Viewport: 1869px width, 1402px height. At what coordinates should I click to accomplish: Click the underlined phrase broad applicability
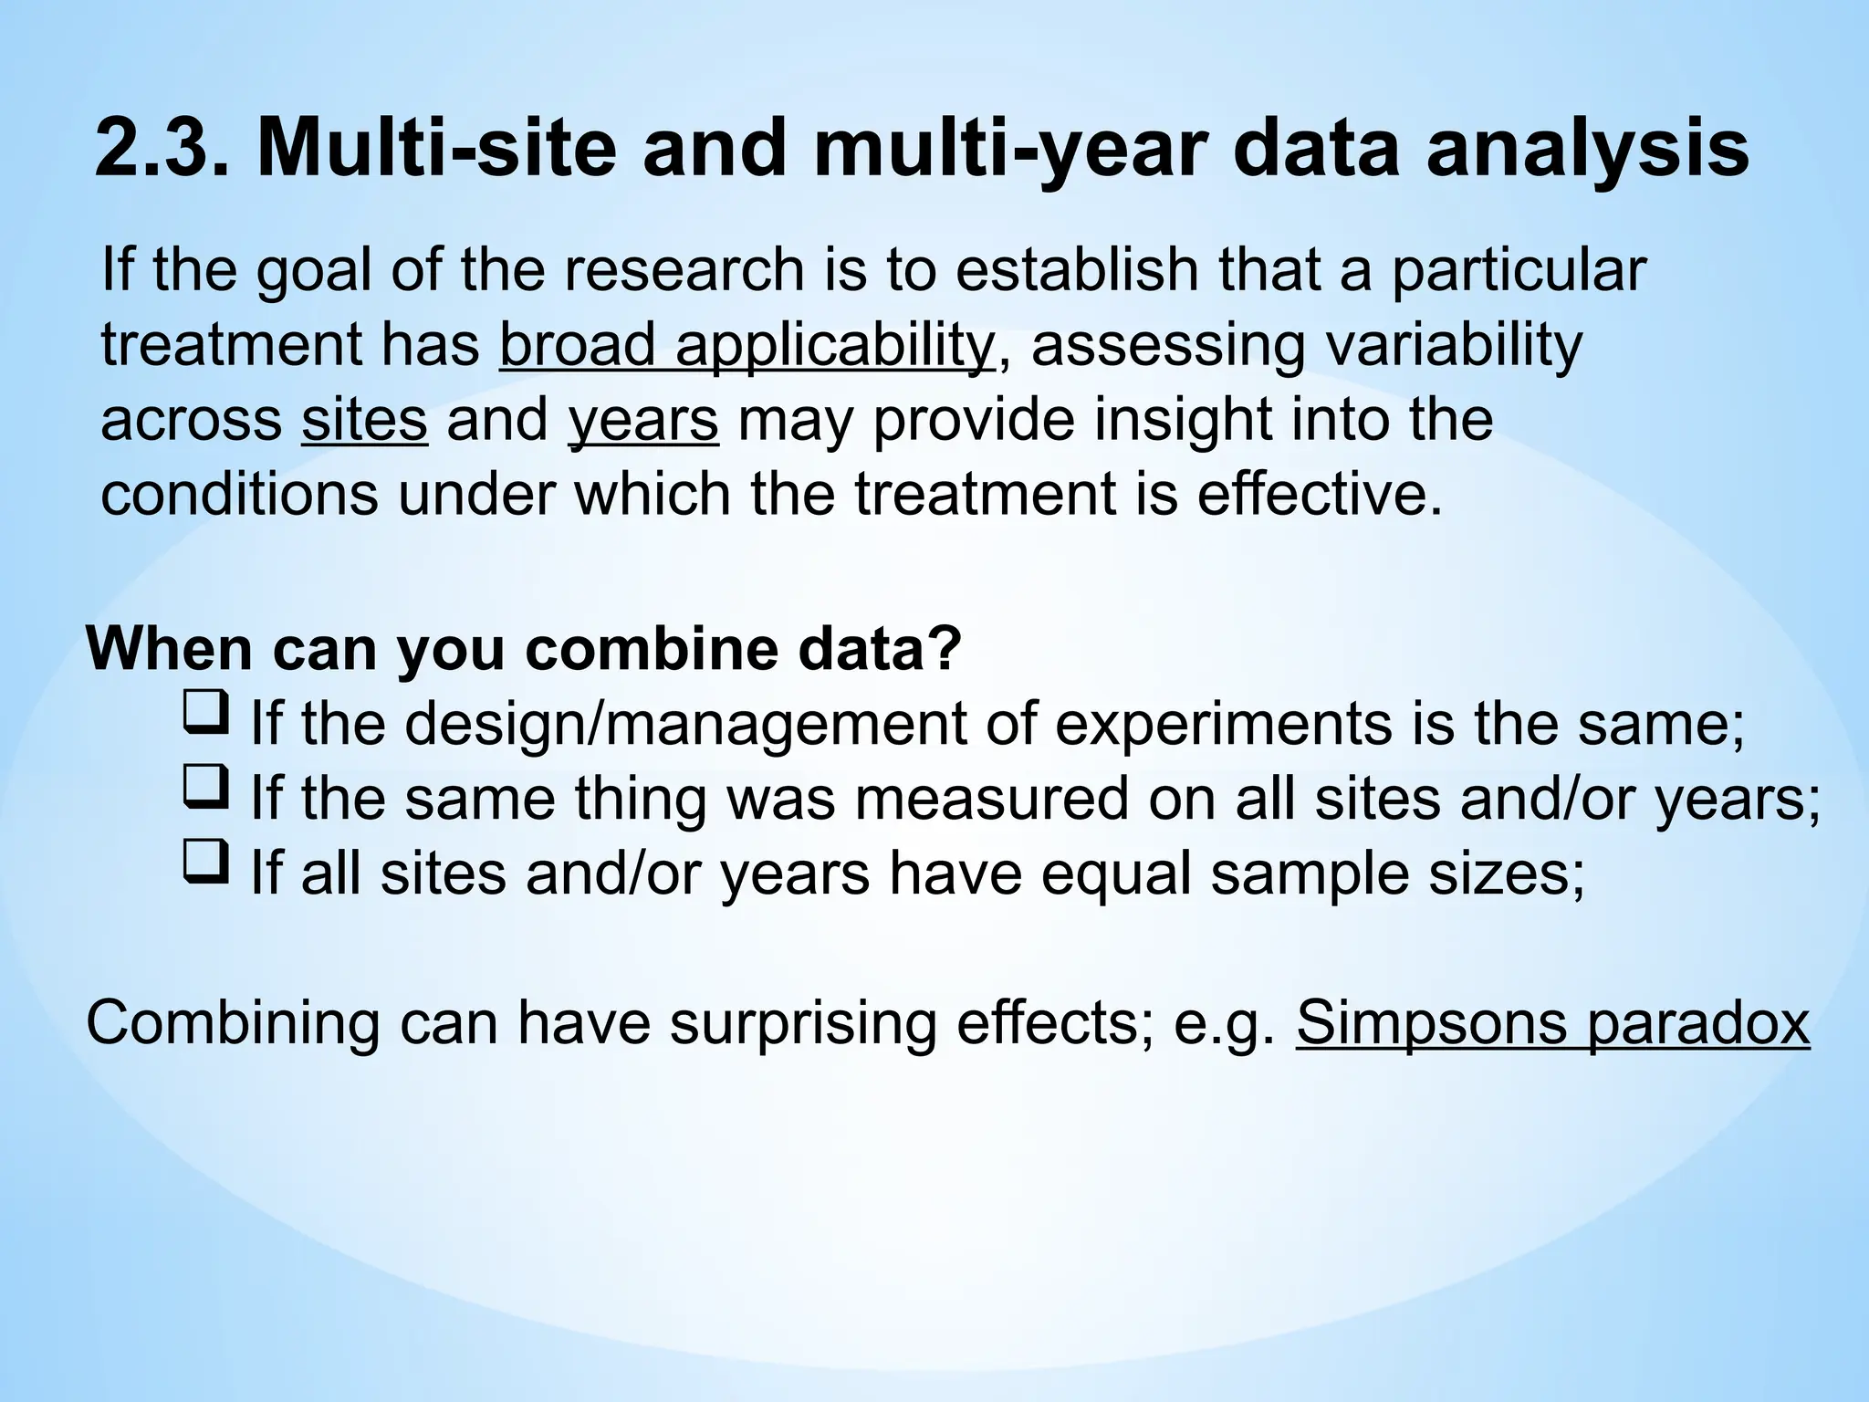point(746,347)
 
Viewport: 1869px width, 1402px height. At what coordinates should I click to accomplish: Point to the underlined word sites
point(364,421)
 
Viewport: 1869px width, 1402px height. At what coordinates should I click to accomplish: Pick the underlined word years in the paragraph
point(642,421)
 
